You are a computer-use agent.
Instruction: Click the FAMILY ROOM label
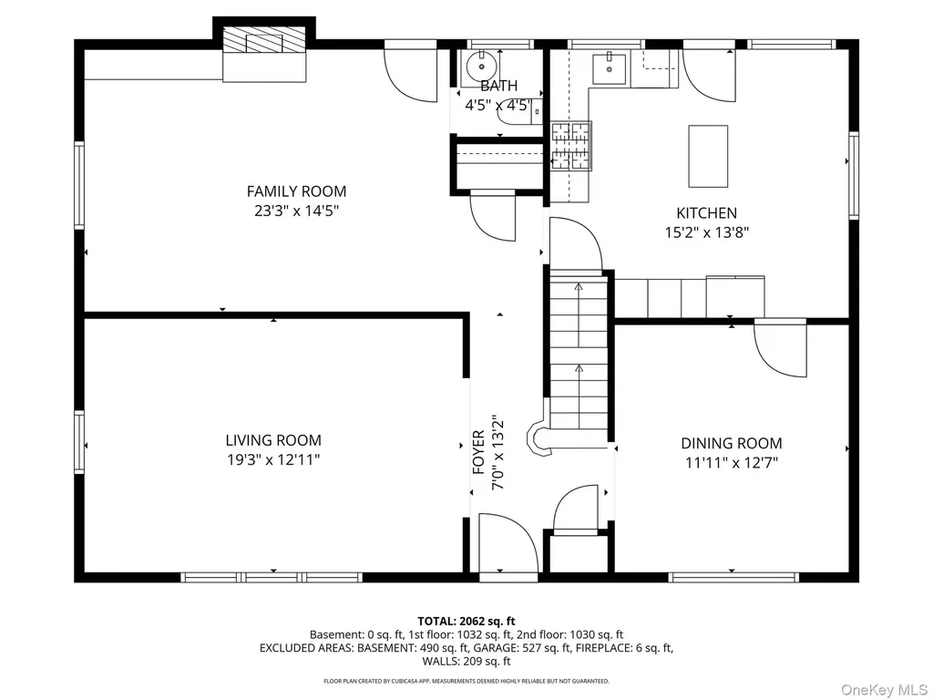(296, 191)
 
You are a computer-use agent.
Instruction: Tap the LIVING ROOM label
(273, 440)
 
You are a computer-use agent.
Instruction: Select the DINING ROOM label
(732, 444)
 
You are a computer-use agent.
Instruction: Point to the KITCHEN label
(706, 213)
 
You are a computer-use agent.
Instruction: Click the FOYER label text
(478, 452)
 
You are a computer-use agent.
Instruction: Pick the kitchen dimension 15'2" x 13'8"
(706, 232)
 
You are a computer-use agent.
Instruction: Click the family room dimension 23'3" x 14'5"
(296, 211)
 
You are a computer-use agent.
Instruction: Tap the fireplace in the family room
(264, 54)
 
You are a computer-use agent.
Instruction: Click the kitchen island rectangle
(708, 157)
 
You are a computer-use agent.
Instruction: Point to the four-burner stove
(571, 147)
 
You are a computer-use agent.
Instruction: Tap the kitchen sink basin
(610, 69)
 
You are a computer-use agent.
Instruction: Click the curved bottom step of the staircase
(539, 440)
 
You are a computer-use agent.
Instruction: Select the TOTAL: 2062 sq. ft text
(466, 622)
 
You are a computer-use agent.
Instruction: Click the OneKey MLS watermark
(884, 690)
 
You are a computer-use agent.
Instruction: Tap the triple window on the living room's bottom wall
(272, 577)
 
